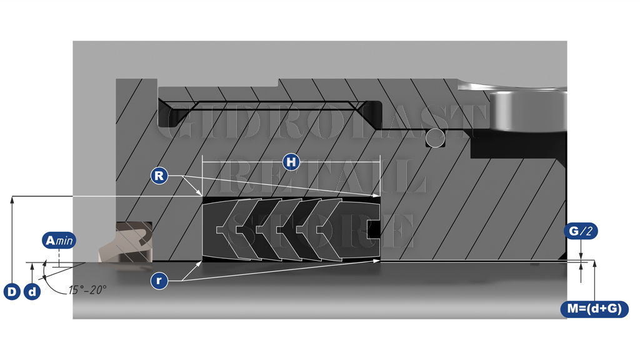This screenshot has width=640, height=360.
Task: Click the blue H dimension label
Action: (291, 162)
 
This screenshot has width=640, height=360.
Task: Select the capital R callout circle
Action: (159, 176)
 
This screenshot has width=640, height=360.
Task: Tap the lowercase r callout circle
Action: (159, 281)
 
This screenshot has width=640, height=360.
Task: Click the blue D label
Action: (12, 292)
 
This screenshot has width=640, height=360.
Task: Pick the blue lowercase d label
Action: (32, 292)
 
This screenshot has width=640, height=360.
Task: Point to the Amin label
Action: (59, 241)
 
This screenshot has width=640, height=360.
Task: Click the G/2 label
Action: (581, 231)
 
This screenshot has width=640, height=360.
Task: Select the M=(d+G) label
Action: (595, 309)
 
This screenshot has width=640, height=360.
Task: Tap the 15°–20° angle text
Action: (87, 290)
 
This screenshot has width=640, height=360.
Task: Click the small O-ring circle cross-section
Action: (435, 138)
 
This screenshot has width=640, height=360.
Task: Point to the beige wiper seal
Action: (125, 242)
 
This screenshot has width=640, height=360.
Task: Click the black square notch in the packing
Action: (373, 229)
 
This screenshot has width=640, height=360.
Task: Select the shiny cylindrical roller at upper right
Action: (527, 111)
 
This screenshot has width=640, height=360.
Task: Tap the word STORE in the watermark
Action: (321, 231)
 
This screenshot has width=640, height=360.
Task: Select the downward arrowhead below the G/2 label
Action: (581, 256)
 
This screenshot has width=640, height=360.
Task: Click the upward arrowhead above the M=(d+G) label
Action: (595, 264)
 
